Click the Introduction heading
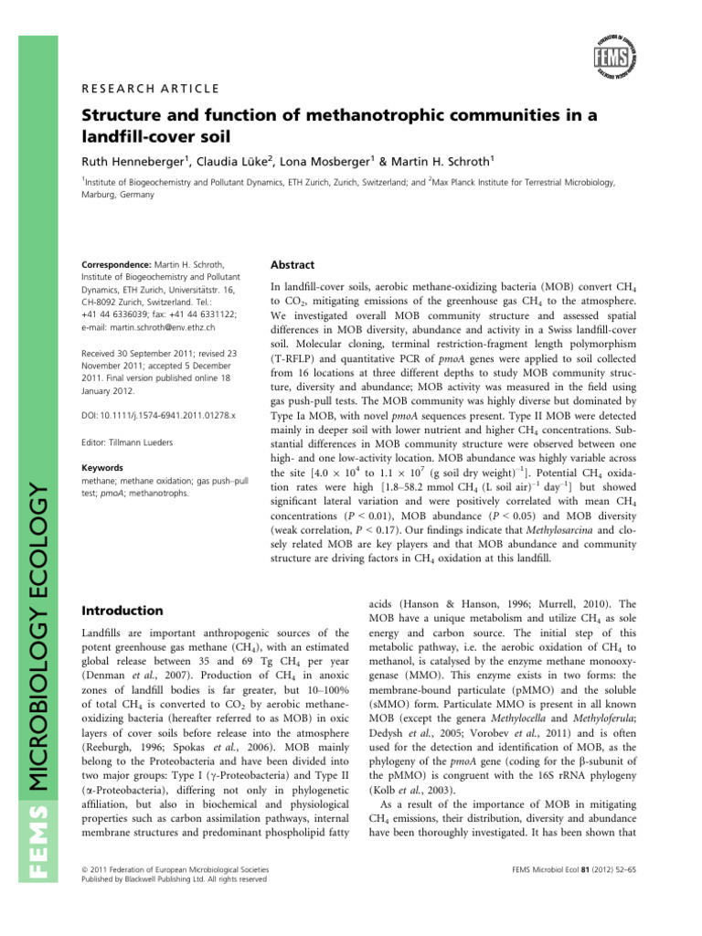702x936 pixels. (x=123, y=610)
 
